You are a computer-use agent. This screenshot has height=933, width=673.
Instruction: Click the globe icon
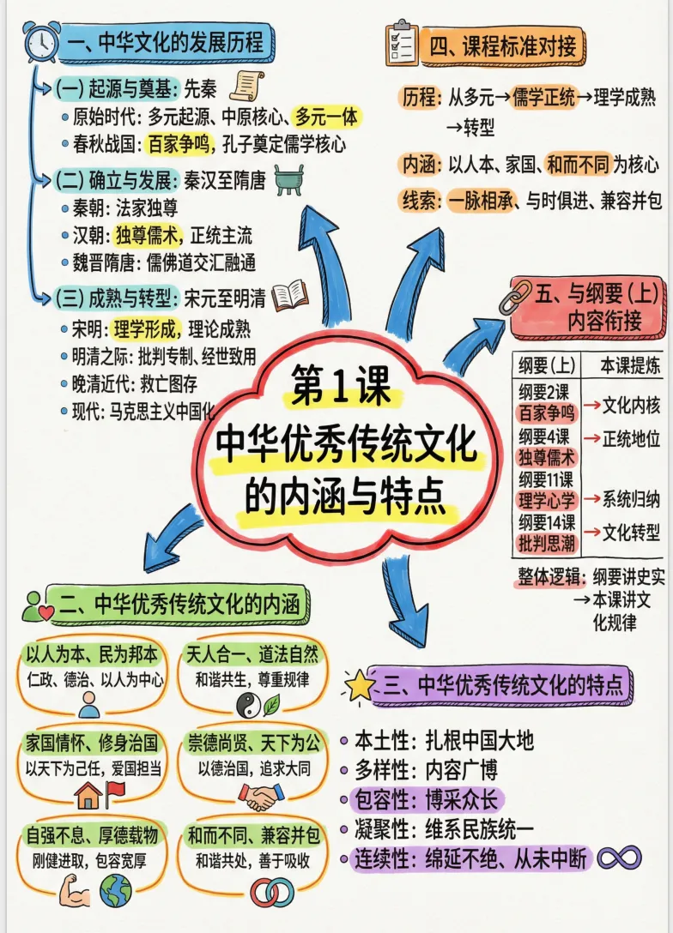[115, 892]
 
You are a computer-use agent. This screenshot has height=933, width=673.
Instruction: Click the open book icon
[288, 296]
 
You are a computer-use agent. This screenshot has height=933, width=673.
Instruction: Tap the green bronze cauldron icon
[288, 180]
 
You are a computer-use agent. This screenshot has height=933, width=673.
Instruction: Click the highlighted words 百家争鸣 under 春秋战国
[178, 143]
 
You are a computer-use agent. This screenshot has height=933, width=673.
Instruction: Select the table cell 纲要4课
[546, 436]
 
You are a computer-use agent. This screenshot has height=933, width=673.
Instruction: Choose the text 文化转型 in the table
[631, 532]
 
